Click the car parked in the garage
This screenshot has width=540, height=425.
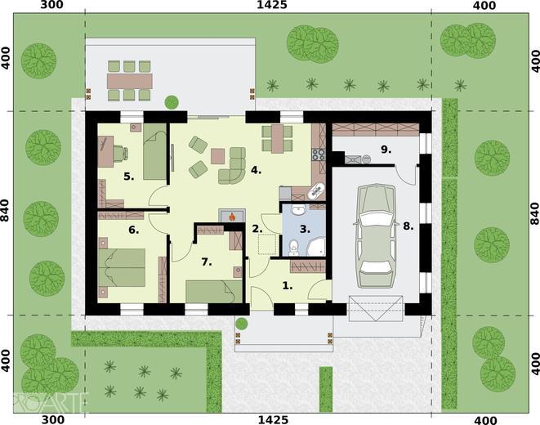[376, 236]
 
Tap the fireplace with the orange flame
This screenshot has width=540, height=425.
[232, 216]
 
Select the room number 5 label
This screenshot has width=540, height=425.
[128, 177]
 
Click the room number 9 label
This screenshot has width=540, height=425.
[386, 150]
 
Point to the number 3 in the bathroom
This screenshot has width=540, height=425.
[305, 229]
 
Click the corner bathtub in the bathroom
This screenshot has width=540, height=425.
[316, 246]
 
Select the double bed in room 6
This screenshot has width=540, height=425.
[122, 267]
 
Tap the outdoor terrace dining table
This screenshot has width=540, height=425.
[130, 81]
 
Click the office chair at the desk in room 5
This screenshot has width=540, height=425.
[121, 153]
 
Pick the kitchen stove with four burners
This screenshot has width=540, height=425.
[319, 154]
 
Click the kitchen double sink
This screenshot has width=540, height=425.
[316, 191]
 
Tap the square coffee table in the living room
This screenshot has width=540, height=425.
[217, 156]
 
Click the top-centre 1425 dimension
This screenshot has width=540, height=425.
[272, 5]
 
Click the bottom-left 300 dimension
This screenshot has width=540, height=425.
[52, 420]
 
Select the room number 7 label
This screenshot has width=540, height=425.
[207, 262]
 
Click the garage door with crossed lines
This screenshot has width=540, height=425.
[375, 308]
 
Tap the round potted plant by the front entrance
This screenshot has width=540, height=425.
[242, 324]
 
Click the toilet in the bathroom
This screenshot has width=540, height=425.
[294, 248]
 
